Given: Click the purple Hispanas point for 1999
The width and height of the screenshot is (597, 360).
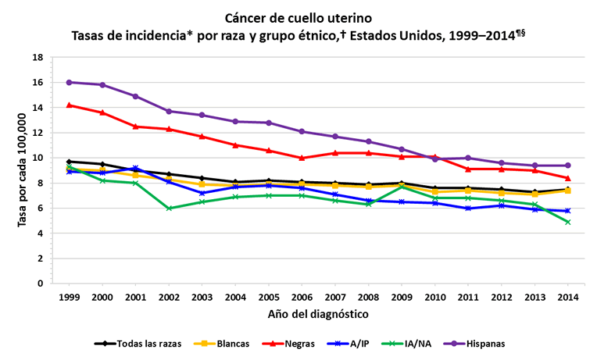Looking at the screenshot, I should pyautogui.click(x=70, y=82).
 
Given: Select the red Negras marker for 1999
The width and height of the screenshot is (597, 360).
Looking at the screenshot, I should pyautogui.click(x=70, y=105).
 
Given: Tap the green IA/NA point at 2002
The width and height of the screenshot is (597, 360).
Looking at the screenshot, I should pyautogui.click(x=169, y=208).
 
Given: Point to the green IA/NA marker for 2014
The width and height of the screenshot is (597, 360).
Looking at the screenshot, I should pyautogui.click(x=567, y=222).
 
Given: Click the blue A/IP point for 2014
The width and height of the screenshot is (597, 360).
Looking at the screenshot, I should pyautogui.click(x=567, y=211).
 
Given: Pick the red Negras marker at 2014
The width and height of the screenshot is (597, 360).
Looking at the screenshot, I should pyautogui.click(x=567, y=178).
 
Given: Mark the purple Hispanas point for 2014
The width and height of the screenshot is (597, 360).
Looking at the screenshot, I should pyautogui.click(x=567, y=166).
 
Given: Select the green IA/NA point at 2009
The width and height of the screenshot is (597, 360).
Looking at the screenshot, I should pyautogui.click(x=402, y=187).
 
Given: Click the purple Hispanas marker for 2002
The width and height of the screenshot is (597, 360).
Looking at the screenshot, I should pyautogui.click(x=169, y=111).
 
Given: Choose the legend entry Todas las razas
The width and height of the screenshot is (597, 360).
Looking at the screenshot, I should pyautogui.click(x=138, y=343).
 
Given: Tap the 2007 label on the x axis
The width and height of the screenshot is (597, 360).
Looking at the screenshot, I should pyautogui.click(x=335, y=298).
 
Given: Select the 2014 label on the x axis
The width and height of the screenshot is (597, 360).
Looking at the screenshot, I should pyautogui.click(x=567, y=298).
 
